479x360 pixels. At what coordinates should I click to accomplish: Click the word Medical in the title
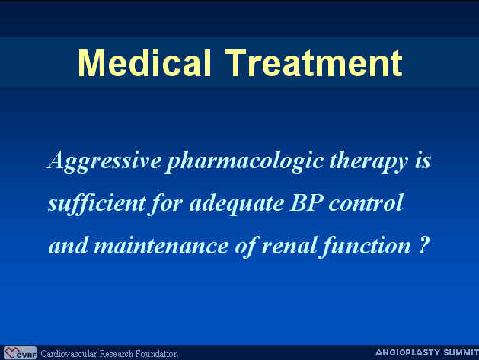[x=145, y=63]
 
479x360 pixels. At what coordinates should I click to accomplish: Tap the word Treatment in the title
[x=314, y=63]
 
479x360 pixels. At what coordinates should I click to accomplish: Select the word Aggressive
[x=104, y=161]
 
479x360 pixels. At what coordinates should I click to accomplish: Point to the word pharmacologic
[x=244, y=161]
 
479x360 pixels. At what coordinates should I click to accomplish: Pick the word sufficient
[x=97, y=203]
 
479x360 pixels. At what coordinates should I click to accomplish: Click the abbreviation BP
[x=306, y=202]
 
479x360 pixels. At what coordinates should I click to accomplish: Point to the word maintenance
[x=161, y=246]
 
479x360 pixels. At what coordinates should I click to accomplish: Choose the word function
[x=366, y=246]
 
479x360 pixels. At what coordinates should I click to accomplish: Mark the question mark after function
[x=423, y=246]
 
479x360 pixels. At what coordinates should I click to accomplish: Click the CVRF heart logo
[x=20, y=353]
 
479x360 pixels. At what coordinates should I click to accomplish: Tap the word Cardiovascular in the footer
[x=69, y=354]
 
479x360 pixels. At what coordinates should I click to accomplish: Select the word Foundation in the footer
[x=156, y=354]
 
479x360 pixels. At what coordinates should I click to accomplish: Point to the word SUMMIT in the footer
[x=461, y=352]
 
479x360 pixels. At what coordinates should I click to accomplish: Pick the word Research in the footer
[x=116, y=354]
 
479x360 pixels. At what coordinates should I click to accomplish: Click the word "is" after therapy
[x=423, y=161]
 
